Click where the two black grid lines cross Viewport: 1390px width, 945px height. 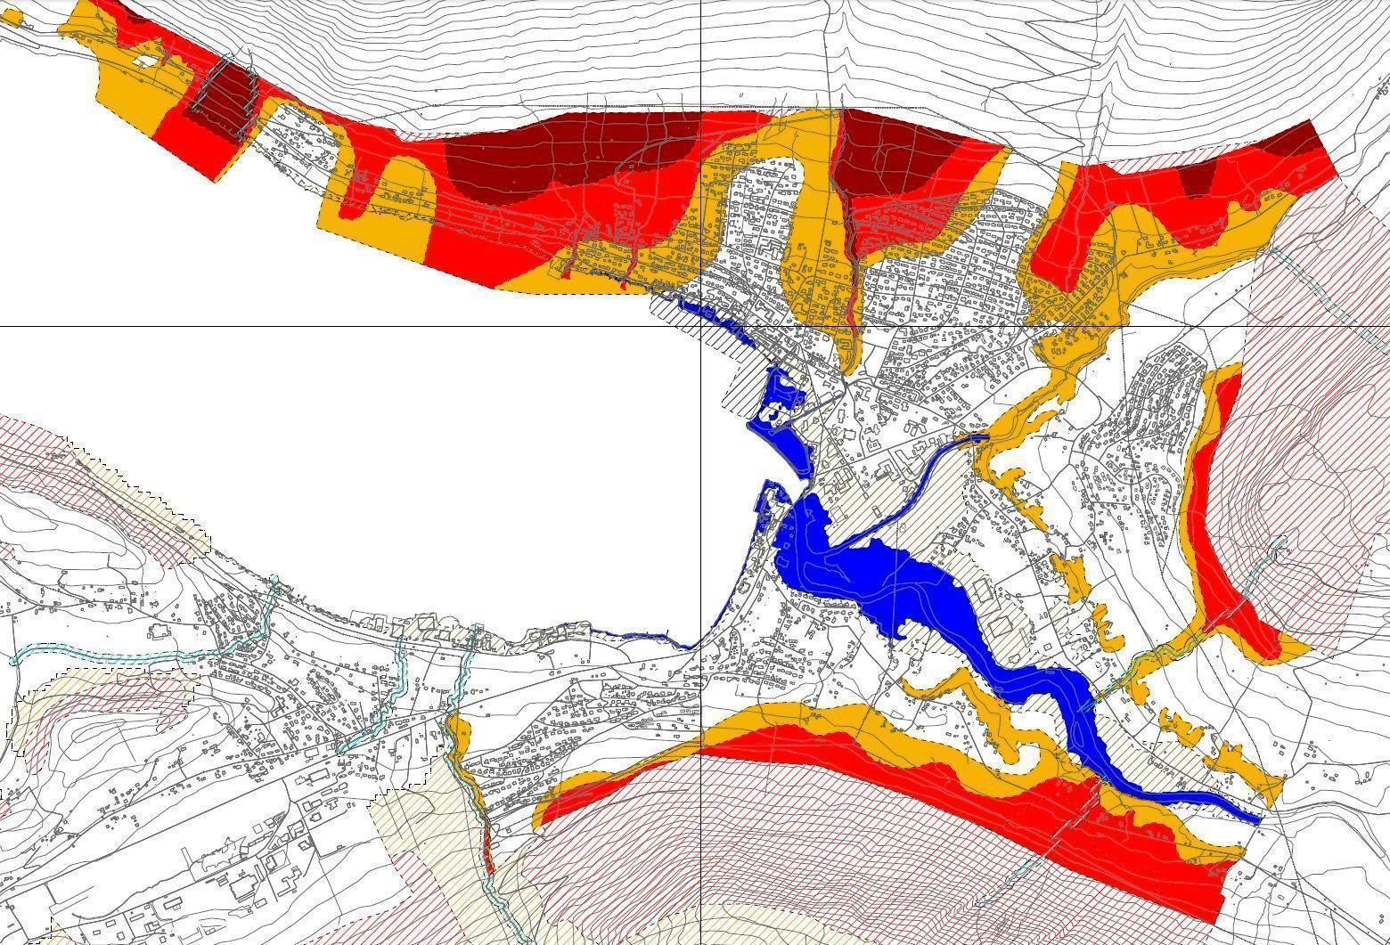pyautogui.click(x=701, y=326)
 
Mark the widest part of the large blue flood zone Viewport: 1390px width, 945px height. pyautogui.click(x=900, y=588)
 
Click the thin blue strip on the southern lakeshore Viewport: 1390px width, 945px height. pyautogui.click(x=633, y=634)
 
